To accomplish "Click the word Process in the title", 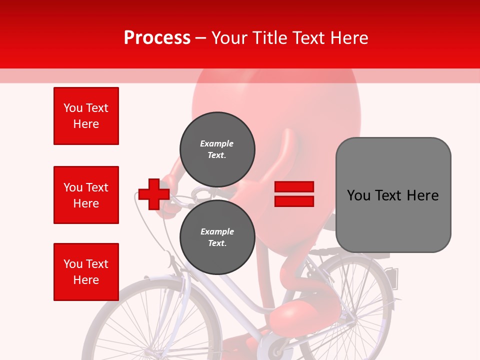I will [x=157, y=38].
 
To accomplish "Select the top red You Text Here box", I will [x=86, y=116].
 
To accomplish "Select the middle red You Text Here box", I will [x=86, y=195].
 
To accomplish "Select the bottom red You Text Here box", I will [x=86, y=272].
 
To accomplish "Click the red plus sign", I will [x=154, y=194].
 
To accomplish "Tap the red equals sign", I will [x=294, y=194].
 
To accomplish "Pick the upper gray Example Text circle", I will [x=217, y=149].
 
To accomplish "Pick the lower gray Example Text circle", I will [x=217, y=237].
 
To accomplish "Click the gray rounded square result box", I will [x=393, y=194].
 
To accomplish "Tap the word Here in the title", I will [x=350, y=38].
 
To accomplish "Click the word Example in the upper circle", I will [x=216, y=143].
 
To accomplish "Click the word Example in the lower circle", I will [x=217, y=231].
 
